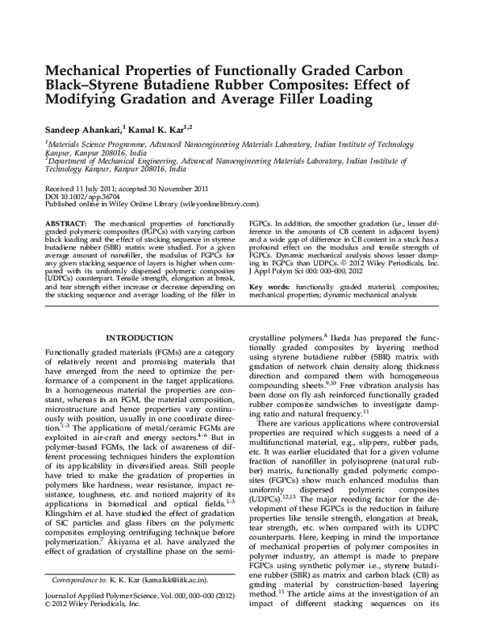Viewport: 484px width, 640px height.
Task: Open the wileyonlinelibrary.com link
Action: pos(214,205)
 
